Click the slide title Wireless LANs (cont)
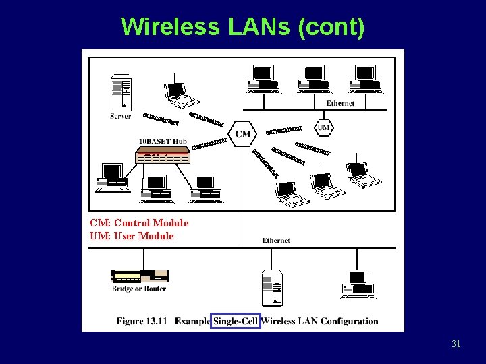[x=243, y=27]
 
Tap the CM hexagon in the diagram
[x=243, y=133]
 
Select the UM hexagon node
[x=324, y=127]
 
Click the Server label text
[x=120, y=116]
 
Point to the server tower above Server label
[x=121, y=92]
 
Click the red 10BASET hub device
[x=163, y=156]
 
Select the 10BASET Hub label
[x=163, y=141]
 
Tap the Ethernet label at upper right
[x=340, y=103]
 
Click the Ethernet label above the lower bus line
[x=276, y=240]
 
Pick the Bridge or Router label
[x=139, y=289]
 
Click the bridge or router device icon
[x=139, y=276]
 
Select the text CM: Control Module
[x=139, y=223]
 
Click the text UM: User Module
[x=132, y=236]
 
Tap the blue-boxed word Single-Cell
[x=236, y=321]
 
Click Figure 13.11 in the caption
[x=142, y=321]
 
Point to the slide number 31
[x=456, y=344]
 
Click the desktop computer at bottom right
[x=358, y=284]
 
